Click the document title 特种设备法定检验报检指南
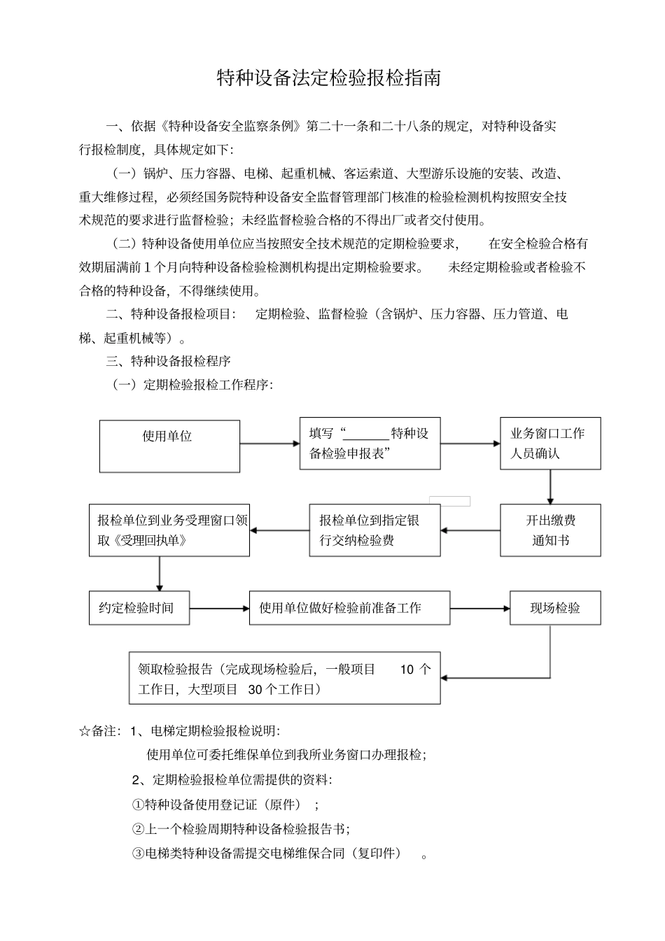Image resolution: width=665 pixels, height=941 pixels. [329, 78]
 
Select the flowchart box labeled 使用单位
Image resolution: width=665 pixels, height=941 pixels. [169, 446]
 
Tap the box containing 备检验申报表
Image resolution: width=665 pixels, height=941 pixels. [370, 443]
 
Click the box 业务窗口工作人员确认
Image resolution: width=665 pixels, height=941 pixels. [549, 443]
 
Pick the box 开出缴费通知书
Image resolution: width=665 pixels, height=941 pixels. [549, 530]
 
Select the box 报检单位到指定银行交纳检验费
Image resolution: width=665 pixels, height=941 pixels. [374, 530]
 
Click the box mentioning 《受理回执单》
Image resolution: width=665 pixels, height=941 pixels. [169, 530]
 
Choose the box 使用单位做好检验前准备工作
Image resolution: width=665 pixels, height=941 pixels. [349, 607]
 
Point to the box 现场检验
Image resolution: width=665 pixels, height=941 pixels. [554, 607]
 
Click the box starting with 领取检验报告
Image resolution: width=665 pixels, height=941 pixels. [284, 678]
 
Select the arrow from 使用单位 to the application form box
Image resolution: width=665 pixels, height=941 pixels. [269, 443]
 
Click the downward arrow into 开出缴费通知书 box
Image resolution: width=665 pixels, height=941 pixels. [550, 487]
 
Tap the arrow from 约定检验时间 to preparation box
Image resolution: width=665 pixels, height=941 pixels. [219, 608]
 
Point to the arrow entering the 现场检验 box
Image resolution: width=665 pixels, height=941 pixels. [480, 608]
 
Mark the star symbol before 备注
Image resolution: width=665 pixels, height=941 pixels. [85, 731]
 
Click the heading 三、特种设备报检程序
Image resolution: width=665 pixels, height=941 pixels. [168, 361]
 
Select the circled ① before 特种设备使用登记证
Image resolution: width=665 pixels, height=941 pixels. [138, 805]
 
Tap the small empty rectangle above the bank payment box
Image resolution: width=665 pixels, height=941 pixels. [449, 501]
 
